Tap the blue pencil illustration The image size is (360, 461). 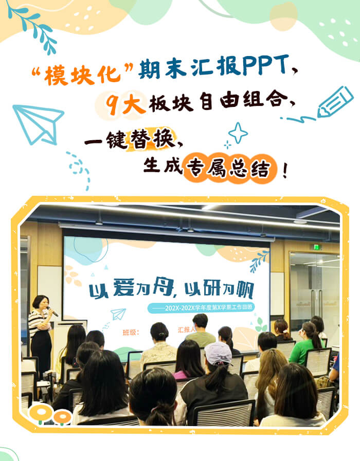pos(334,102)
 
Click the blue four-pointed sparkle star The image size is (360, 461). pos(238,133)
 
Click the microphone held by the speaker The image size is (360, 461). pos(53,310)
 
